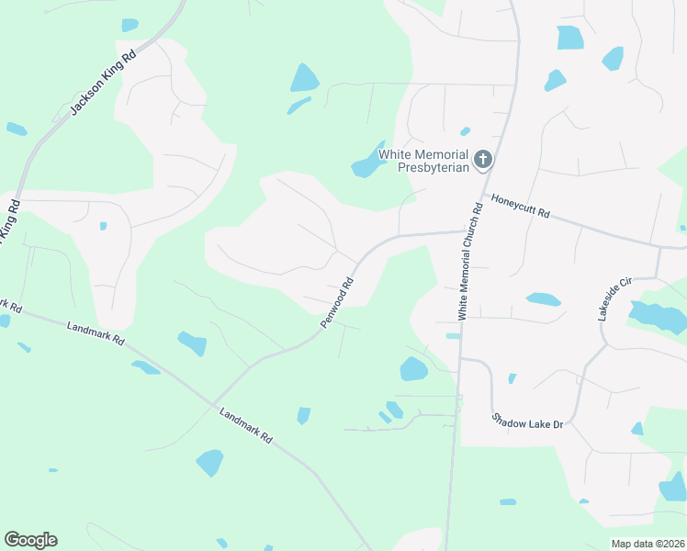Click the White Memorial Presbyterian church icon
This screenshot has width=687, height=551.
click(483, 161)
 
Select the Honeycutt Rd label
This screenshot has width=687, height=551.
click(520, 205)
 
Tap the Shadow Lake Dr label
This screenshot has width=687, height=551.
click(526, 421)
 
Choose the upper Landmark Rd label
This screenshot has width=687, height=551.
click(95, 332)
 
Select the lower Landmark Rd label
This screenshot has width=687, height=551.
click(247, 426)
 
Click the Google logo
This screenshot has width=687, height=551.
click(30, 540)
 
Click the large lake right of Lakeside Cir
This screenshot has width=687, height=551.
click(658, 317)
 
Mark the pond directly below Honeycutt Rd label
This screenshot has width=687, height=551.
click(543, 299)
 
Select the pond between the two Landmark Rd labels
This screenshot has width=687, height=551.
click(192, 343)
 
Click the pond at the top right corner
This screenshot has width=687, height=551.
click(569, 38)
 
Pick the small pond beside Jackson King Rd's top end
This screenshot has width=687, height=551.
click(130, 25)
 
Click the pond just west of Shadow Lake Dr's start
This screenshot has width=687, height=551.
click(413, 369)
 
